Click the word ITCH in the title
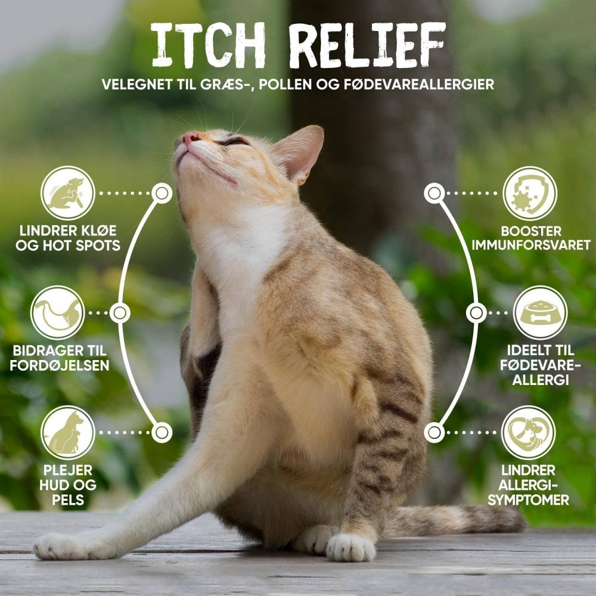pos(208,45)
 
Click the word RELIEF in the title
pos(367,45)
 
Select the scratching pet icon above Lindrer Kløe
pos(68,193)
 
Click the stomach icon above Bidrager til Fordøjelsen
pos(57,312)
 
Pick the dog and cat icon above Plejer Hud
pos(68,433)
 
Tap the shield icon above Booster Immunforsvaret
pos(530,193)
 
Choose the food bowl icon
pos(540,312)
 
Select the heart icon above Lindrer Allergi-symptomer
pos(528,433)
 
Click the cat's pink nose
pos(191,137)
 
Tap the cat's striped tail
pos(456,520)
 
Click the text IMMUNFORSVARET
pos(531,245)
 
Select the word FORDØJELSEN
pos(60,365)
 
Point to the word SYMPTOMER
pos(528,500)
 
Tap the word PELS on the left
pos(68,500)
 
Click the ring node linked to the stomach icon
pos(120,313)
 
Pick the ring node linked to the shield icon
pos(434,193)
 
